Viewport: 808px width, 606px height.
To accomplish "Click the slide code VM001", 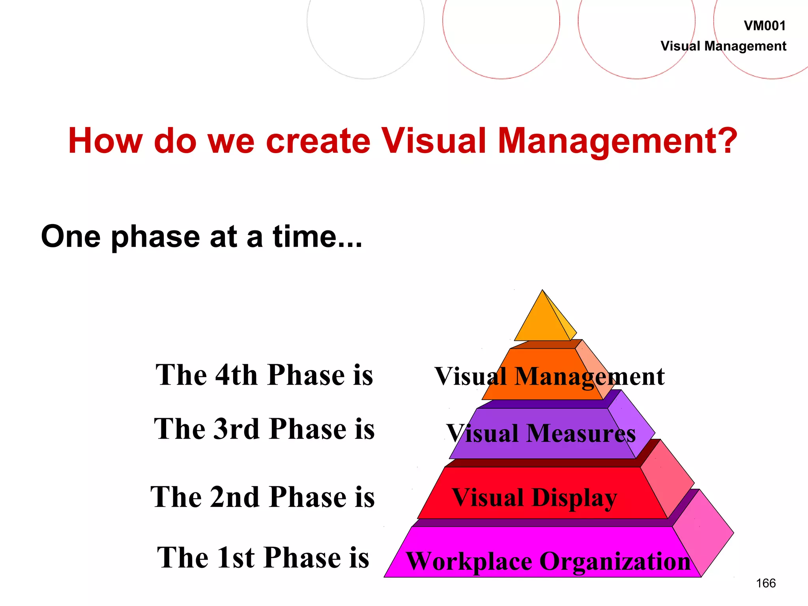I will click(x=765, y=26).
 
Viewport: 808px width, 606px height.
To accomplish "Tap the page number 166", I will click(x=766, y=583).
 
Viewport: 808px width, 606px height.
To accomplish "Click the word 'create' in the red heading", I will click(x=318, y=141).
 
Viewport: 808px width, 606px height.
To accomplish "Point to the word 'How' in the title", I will click(x=105, y=141).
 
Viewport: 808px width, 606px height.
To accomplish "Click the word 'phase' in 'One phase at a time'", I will click(x=155, y=237).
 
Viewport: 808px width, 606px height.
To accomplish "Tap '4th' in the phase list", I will click(x=236, y=375).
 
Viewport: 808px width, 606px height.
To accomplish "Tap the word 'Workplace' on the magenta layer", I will click(x=469, y=561).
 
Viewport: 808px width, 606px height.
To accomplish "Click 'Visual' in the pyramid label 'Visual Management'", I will click(x=470, y=376).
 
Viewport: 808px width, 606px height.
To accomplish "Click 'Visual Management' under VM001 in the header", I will click(x=723, y=46).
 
